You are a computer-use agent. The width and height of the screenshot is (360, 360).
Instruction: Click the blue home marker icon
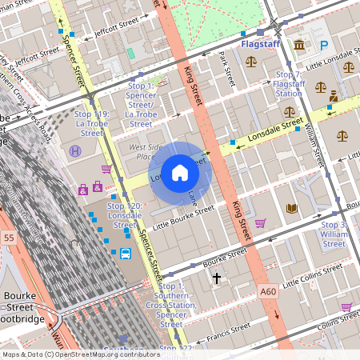coord(180,173)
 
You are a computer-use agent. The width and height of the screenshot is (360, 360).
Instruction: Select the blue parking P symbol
coord(324,46)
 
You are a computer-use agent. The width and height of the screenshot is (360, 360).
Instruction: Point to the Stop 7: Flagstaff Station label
coord(288,83)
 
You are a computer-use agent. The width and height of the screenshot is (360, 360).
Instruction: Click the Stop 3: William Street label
coord(334,234)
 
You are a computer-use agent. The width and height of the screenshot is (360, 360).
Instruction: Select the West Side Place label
coord(142,152)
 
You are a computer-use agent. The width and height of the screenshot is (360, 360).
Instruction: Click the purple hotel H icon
coord(75,150)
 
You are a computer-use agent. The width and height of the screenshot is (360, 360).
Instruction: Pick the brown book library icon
coord(291,208)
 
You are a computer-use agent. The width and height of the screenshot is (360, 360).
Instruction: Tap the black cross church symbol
coord(216,278)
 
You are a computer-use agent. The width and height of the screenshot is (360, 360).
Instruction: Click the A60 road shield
coord(268,292)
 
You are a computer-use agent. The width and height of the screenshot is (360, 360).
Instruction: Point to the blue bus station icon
coord(126,254)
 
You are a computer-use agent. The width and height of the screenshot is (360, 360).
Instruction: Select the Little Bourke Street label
coord(184,212)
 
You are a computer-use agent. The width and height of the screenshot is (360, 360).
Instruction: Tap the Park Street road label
coord(226,70)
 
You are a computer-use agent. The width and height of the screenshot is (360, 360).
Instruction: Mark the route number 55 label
coord(9,238)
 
